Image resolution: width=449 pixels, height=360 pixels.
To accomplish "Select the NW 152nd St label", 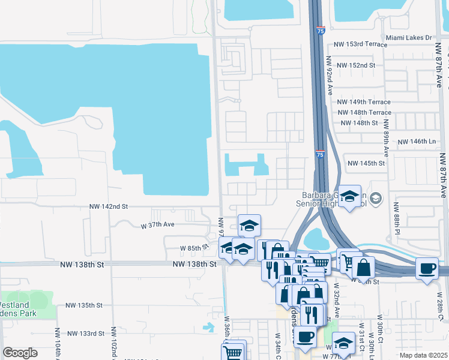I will click(x=356, y=65).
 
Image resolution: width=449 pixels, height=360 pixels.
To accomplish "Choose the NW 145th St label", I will click(x=366, y=163).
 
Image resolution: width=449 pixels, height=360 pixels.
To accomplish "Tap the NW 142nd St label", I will click(x=109, y=206).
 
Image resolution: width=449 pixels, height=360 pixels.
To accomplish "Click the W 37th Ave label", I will click(x=157, y=225).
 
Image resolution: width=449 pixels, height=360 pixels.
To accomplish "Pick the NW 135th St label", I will click(x=85, y=305).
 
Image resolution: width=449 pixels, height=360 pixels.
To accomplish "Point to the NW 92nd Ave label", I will click(x=330, y=76).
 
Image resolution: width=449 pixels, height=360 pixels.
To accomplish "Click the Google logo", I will click(x=20, y=353).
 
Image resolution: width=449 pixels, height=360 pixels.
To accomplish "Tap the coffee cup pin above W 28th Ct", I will click(x=427, y=268).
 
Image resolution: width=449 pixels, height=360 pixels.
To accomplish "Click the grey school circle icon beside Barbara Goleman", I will click(x=376, y=198).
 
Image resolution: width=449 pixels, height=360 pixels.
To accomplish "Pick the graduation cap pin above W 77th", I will click(x=344, y=343).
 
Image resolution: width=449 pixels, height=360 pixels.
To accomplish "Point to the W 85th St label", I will click(x=193, y=247).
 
